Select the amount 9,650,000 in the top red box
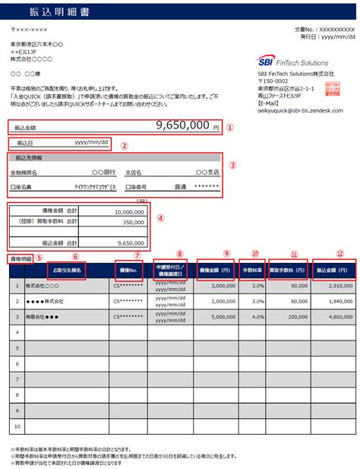[182, 126]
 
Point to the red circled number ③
[233, 164]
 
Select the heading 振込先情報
[28, 158]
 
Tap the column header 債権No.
[127, 270]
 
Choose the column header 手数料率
[252, 270]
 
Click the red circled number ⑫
[339, 254]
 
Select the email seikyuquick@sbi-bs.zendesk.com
[300, 110]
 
